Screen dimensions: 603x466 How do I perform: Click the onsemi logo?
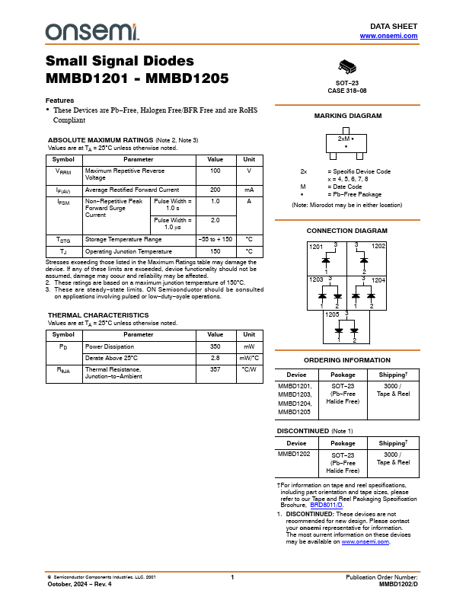(92, 31)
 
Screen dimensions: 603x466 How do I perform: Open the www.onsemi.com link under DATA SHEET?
(388, 36)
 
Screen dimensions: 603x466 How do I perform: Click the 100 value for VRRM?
(215, 172)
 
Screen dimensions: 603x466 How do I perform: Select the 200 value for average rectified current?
(215, 190)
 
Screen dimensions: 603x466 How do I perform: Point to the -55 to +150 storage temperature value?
(215, 239)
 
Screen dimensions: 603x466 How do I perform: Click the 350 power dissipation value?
(215, 346)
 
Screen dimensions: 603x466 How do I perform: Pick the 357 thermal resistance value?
(215, 369)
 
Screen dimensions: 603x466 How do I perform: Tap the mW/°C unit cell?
(249, 357)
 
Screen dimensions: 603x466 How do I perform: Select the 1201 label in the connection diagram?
(315, 247)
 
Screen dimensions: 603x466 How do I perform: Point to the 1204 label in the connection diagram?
(378, 280)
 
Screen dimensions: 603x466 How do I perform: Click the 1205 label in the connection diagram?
(332, 314)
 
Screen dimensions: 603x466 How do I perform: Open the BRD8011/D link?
(327, 505)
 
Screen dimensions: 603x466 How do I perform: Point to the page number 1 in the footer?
(232, 578)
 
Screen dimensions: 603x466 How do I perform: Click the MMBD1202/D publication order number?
(398, 585)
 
